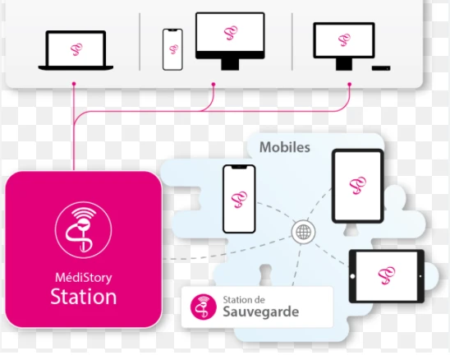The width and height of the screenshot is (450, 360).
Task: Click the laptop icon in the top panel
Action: pos(76,51)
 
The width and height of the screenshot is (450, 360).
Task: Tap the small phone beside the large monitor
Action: pos(172,49)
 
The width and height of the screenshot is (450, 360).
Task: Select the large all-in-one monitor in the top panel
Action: pos(230,41)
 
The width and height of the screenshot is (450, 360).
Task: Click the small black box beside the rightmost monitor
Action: pos(381,68)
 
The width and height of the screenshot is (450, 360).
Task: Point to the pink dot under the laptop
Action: pos(74,84)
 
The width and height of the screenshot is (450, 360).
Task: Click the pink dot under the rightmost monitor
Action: pos(349,84)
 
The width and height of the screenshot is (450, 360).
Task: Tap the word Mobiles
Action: pos(285,147)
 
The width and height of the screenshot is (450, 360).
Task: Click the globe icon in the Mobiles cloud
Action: pos(303,232)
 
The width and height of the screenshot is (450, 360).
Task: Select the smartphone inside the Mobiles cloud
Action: pos(239,199)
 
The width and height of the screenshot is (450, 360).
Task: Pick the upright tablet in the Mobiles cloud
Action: pos(358,186)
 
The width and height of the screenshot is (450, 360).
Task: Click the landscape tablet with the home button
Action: pos(387,276)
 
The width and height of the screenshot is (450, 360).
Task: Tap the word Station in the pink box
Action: pos(84,297)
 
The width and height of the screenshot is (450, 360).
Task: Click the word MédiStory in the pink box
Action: pos(84,278)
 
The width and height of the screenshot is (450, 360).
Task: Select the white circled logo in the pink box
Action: pos(83,230)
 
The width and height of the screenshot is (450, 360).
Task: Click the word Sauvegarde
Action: pos(261,312)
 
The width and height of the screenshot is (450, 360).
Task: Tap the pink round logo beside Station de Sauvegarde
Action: pos(203,307)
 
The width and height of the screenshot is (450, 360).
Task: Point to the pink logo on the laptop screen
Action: pos(76,49)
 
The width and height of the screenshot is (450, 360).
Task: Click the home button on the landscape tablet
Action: pos(353,276)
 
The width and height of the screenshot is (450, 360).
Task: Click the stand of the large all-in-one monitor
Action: pos(230,65)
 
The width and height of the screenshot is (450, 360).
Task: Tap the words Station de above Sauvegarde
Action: pos(244,300)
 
